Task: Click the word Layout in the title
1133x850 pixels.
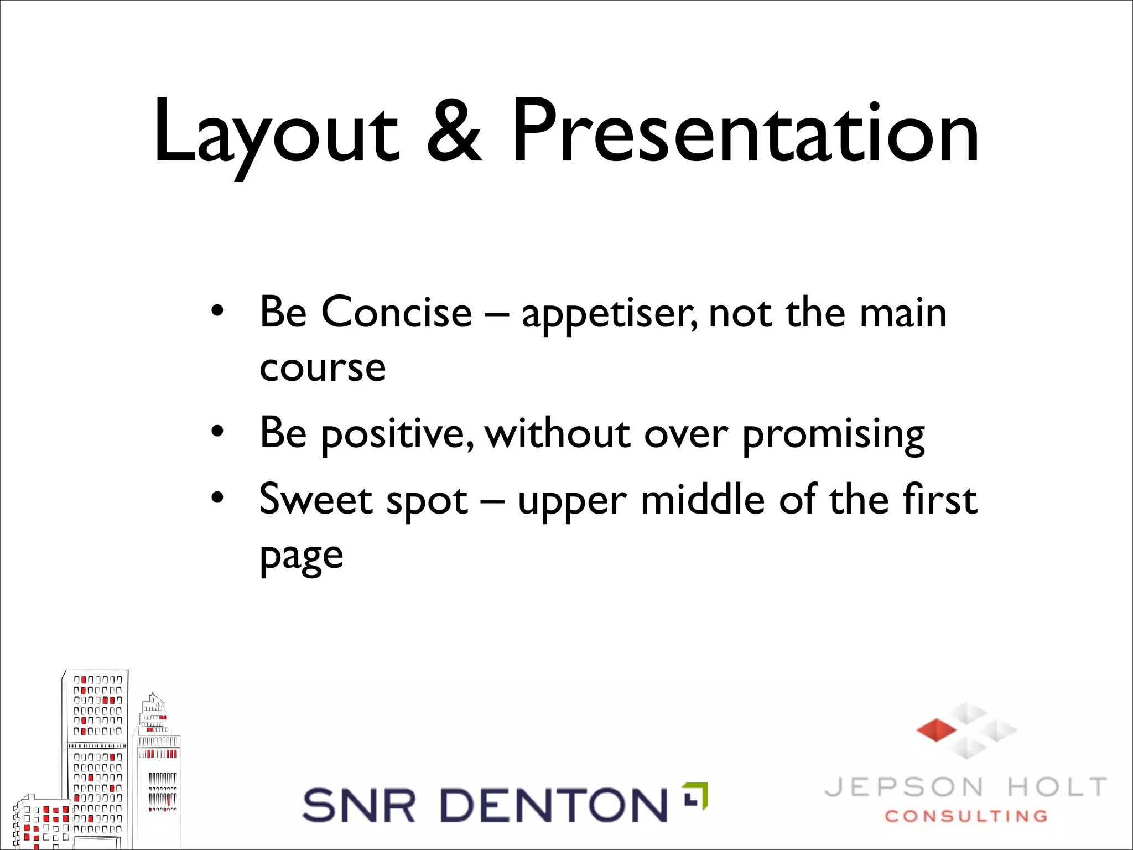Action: [x=276, y=133]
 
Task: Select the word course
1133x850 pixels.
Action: [x=323, y=367]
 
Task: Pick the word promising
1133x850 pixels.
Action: [x=833, y=435]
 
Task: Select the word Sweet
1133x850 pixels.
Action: [x=316, y=499]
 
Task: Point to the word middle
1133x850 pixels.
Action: [x=703, y=499]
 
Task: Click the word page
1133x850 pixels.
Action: [x=302, y=557]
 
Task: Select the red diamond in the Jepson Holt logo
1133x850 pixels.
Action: [x=936, y=730]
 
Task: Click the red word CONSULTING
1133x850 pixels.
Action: [x=966, y=816]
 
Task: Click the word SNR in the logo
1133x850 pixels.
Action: [x=358, y=805]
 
